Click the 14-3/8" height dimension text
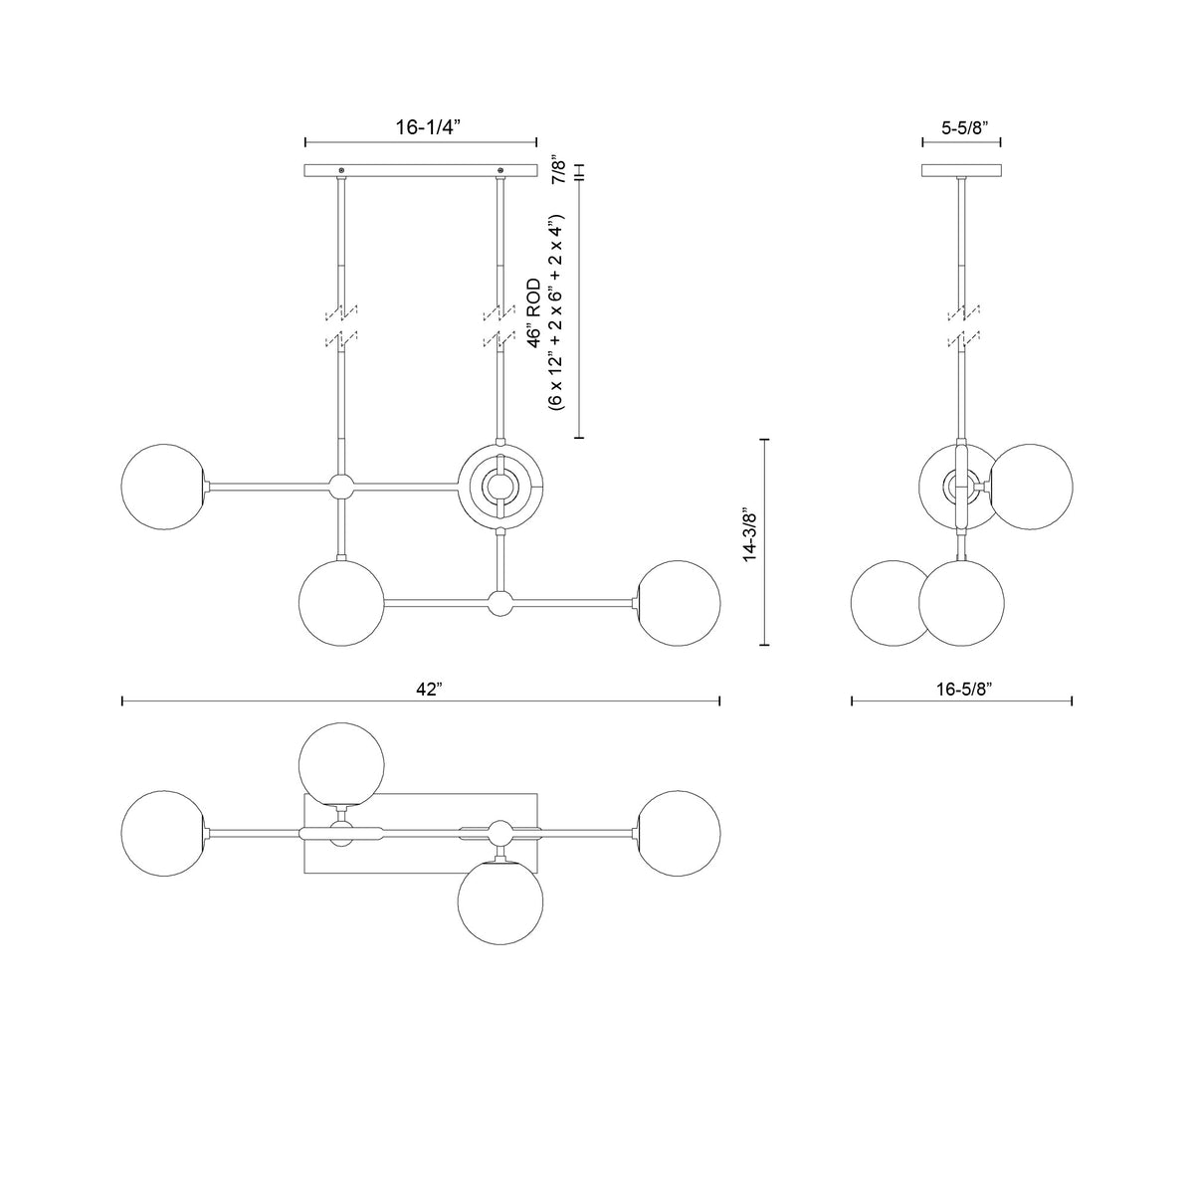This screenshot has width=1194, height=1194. tap(751, 537)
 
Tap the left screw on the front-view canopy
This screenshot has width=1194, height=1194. tap(340, 170)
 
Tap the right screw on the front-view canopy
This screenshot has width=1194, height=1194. tap(499, 170)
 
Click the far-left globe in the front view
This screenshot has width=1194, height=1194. tap(164, 487)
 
